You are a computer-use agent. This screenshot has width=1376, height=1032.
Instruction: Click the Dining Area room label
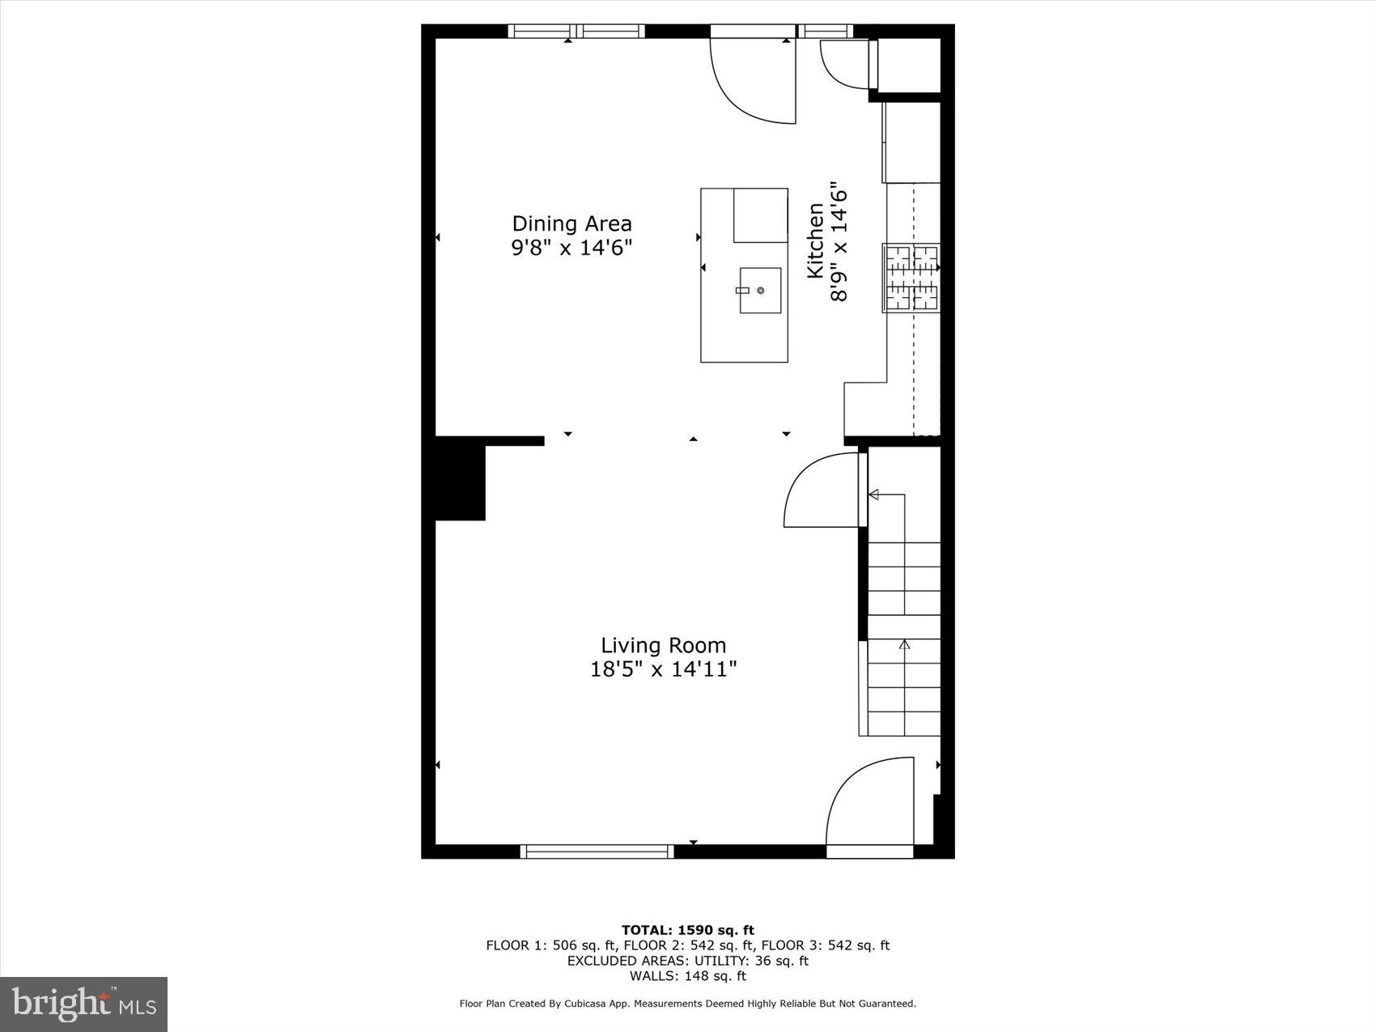[571, 223]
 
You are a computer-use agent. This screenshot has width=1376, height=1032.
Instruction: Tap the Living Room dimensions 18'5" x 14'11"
[663, 669]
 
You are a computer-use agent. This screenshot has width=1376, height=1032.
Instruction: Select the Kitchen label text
[815, 241]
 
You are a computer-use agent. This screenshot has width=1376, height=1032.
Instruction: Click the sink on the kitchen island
[760, 290]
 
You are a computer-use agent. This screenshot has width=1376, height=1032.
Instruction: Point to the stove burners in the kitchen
[911, 278]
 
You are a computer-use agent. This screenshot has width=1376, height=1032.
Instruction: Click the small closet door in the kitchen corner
[846, 63]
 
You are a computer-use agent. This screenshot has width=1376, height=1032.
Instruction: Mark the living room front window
[597, 851]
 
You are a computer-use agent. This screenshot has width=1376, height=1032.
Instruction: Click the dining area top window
[576, 32]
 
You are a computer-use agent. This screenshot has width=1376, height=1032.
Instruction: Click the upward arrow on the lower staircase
[904, 645]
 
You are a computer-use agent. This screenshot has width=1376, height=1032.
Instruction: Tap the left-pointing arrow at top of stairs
[873, 494]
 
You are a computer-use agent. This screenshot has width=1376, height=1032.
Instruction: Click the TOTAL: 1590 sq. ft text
[687, 930]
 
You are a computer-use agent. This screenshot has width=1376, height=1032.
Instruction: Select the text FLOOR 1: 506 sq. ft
[551, 945]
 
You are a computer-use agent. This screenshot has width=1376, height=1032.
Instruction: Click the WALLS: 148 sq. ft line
[687, 976]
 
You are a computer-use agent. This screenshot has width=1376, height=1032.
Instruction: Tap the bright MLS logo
[83, 1004]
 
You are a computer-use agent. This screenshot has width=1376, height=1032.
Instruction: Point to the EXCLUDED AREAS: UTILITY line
[687, 961]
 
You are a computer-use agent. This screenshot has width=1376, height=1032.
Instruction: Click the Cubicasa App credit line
[687, 1004]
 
